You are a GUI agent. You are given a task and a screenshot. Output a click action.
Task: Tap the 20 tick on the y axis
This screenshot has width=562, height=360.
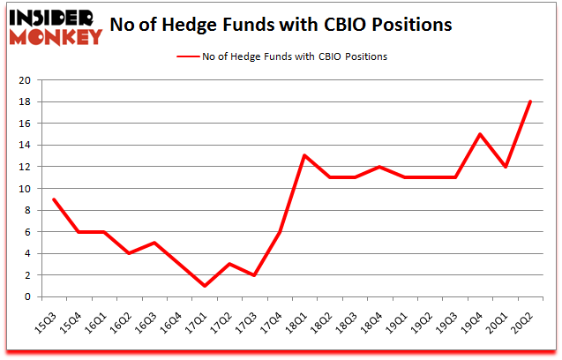click(x=25, y=80)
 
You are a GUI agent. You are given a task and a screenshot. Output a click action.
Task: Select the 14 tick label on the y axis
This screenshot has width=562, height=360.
click(x=25, y=146)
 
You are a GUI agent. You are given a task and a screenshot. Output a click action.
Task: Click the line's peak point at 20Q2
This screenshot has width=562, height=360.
click(x=529, y=101)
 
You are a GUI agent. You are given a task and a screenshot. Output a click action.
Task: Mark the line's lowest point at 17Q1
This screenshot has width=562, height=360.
click(x=204, y=286)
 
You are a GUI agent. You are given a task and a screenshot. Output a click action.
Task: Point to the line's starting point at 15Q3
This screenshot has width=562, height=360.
click(x=54, y=199)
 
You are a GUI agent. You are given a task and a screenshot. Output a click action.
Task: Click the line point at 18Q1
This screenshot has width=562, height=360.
click(x=304, y=156)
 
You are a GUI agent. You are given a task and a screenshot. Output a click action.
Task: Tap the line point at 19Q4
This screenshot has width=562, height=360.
click(x=479, y=134)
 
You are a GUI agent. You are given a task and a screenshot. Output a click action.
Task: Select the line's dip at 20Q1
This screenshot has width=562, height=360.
click(x=505, y=167)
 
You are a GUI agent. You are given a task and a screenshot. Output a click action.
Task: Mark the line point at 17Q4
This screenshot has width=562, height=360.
click(x=279, y=232)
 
